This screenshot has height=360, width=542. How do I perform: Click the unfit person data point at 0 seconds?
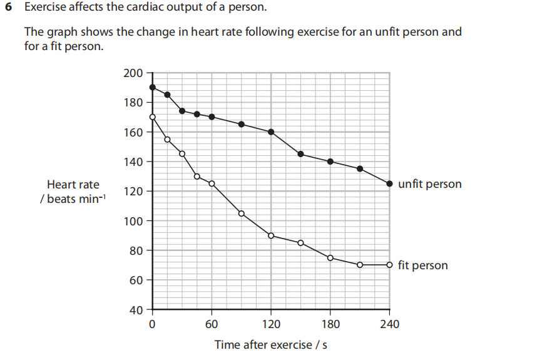[x=152, y=87]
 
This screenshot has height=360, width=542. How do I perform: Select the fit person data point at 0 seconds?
[x=152, y=116]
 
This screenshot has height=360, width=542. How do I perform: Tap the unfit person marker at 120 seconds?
[x=271, y=131]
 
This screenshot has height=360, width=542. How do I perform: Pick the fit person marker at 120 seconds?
[x=271, y=235]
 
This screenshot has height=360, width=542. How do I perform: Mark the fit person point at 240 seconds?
[x=390, y=265]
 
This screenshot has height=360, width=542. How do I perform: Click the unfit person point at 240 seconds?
[x=390, y=183]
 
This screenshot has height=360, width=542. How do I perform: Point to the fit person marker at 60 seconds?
[x=212, y=183]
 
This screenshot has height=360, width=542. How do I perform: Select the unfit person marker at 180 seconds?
[x=330, y=162]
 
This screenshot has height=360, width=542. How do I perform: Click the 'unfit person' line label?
[x=429, y=184]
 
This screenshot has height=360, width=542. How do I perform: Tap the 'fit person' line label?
[x=422, y=265]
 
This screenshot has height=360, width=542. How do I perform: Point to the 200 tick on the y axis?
[x=133, y=73]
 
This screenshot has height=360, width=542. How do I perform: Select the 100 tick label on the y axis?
[x=133, y=221]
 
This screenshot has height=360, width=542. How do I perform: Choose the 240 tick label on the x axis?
[x=389, y=324]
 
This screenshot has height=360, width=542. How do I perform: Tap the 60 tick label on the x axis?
[x=212, y=324]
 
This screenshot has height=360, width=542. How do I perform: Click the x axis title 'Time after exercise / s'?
[x=271, y=345]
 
